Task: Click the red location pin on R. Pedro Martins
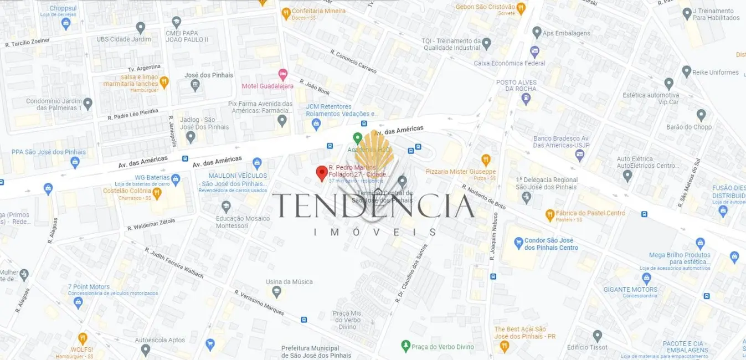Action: pos(321,173)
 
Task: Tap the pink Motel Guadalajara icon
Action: pos(283,74)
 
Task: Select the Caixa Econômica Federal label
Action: pos(509,63)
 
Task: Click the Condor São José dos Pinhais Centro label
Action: pos(551,244)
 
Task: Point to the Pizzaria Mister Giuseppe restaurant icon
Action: pos(486,161)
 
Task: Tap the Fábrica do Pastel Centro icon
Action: pos(550,214)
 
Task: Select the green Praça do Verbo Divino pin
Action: pos(405,346)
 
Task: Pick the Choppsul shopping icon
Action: pos(66,23)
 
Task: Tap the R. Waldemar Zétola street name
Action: pos(151,224)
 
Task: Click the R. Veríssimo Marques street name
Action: pos(259,302)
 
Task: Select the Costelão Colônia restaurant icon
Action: pos(157,193)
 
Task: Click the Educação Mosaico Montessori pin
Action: pos(226,207)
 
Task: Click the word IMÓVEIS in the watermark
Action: pos(374,232)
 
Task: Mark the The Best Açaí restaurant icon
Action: pos(504,346)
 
